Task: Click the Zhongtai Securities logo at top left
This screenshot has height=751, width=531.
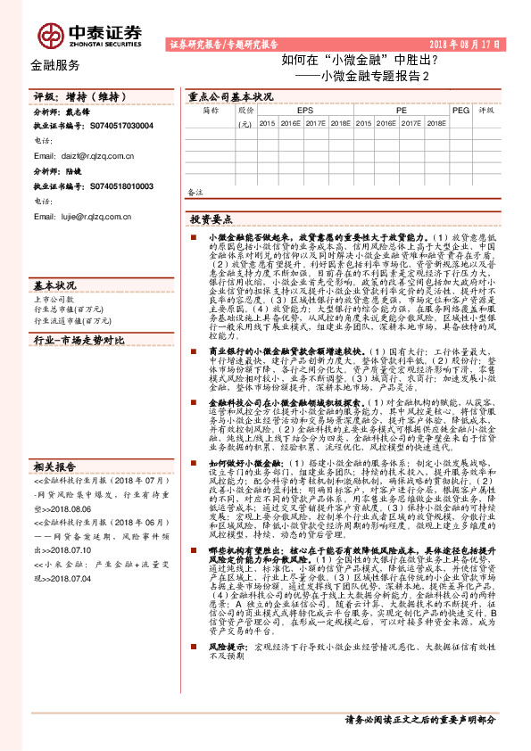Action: point(89,34)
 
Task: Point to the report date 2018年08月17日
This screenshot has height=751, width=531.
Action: point(463,43)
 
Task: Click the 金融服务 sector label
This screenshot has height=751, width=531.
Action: point(54,65)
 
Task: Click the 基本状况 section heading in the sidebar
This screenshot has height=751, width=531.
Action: point(54,285)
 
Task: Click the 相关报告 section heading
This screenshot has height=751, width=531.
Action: point(54,491)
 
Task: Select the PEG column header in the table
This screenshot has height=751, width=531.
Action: point(460,110)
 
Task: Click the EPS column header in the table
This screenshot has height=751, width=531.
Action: point(305,110)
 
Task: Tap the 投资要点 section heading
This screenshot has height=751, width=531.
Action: point(211,219)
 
